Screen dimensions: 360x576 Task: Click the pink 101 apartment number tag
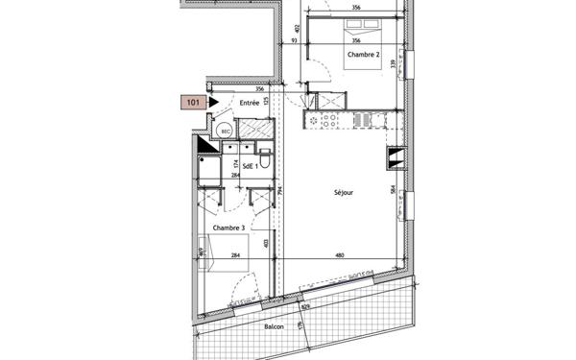coord(193,100)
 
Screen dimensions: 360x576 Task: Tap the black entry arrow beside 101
coord(214,100)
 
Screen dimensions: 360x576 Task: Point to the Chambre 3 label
coord(227,228)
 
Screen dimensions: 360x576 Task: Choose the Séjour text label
coord(343,192)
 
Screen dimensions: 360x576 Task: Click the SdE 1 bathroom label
coord(252,166)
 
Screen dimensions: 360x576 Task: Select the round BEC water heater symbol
coord(226,132)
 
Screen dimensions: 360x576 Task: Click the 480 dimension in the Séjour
coord(339,255)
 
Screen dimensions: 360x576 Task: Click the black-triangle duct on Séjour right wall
coord(394,158)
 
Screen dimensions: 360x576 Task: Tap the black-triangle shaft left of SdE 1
coord(205,146)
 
